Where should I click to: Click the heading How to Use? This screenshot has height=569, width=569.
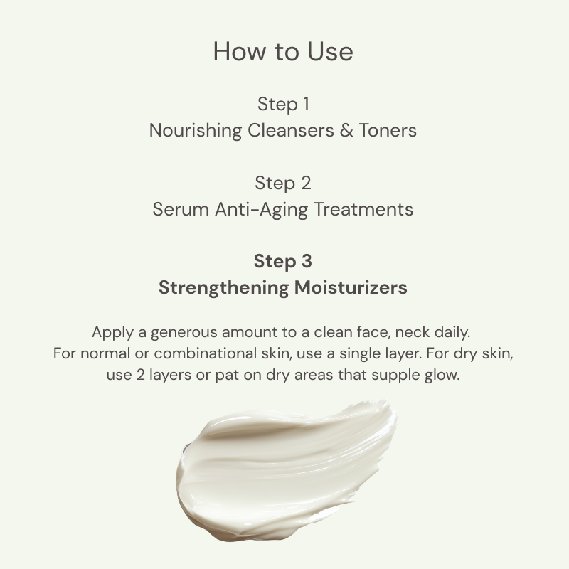point(283,52)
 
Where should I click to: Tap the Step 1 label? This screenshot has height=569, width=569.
point(283,105)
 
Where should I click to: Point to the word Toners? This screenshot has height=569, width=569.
point(388,131)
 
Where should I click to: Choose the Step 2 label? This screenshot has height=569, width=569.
point(283,184)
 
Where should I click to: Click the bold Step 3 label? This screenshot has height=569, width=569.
point(283,262)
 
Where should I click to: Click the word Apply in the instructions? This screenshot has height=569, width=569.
point(110,332)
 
